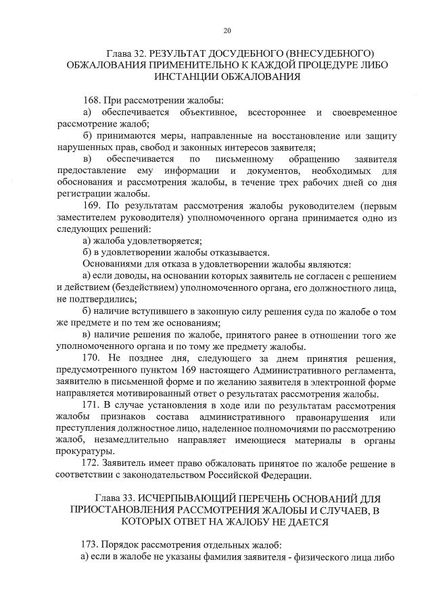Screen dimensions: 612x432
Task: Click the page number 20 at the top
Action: pos(227,30)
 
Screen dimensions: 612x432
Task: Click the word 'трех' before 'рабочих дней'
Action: pos(268,181)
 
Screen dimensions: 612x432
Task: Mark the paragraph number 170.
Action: pos(91,357)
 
